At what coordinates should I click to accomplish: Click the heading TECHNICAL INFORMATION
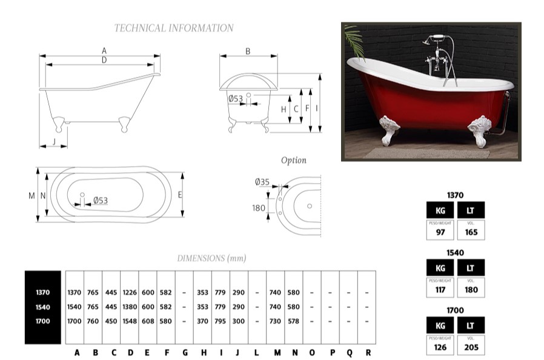tap(174, 28)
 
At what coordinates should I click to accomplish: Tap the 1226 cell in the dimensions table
tap(130, 292)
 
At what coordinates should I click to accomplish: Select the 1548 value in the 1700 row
tap(130, 321)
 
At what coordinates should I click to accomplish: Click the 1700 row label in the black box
tap(42, 321)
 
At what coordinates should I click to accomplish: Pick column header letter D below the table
tap(130, 352)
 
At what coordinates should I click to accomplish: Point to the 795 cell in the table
tap(221, 321)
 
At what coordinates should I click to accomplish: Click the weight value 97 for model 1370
tap(440, 232)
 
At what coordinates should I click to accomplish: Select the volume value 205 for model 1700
tap(471, 347)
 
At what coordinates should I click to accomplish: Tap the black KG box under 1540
tap(440, 267)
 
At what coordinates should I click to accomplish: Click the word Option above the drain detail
tap(293, 161)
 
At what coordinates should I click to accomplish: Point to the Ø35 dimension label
tap(262, 181)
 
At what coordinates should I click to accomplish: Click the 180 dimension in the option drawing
tap(259, 208)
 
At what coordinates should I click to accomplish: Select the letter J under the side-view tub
tap(55, 141)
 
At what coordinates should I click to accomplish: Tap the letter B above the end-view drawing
tap(248, 52)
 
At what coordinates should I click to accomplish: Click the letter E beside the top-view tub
tap(181, 195)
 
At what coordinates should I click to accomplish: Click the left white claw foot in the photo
tap(389, 130)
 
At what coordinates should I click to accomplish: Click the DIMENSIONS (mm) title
tap(211, 258)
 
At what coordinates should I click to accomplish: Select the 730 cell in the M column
tap(275, 321)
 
